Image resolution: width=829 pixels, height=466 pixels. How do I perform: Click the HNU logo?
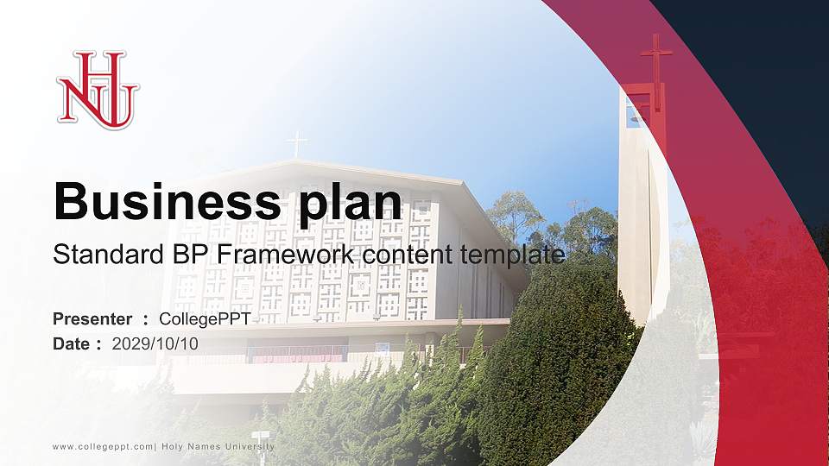click(x=98, y=90)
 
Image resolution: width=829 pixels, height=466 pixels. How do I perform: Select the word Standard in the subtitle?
click(x=101, y=255)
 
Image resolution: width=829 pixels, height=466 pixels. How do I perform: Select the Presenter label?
click(x=92, y=319)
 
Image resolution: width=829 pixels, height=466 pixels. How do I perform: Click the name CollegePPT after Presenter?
click(x=205, y=319)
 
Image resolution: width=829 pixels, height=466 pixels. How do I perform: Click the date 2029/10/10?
click(x=155, y=343)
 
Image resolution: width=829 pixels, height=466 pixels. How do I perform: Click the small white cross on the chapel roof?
click(x=297, y=143)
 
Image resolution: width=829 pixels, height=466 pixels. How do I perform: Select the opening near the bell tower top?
click(x=633, y=110)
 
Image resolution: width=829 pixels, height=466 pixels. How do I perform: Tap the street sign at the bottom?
click(x=260, y=437)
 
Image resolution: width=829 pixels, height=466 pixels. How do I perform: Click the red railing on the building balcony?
click(x=297, y=354)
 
